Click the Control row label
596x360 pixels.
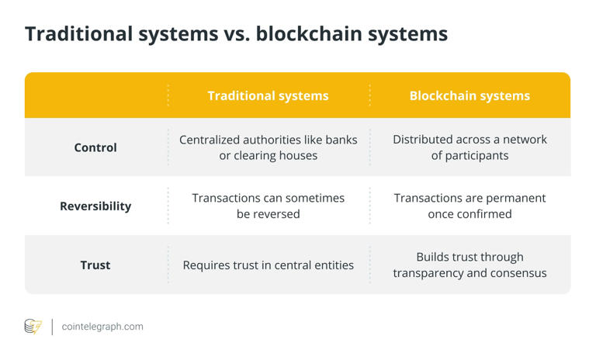click(95, 147)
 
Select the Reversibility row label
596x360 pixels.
click(95, 206)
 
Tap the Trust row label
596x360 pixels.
click(95, 265)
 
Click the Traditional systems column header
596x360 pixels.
click(268, 96)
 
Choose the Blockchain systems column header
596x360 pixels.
click(470, 96)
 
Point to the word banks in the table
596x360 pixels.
click(341, 140)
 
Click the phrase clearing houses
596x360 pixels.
click(278, 155)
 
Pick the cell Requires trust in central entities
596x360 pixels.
click(268, 265)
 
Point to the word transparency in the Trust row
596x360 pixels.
click(429, 273)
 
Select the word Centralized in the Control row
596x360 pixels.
click(214, 140)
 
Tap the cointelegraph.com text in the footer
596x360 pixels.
click(102, 327)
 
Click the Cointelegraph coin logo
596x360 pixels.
click(33, 327)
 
